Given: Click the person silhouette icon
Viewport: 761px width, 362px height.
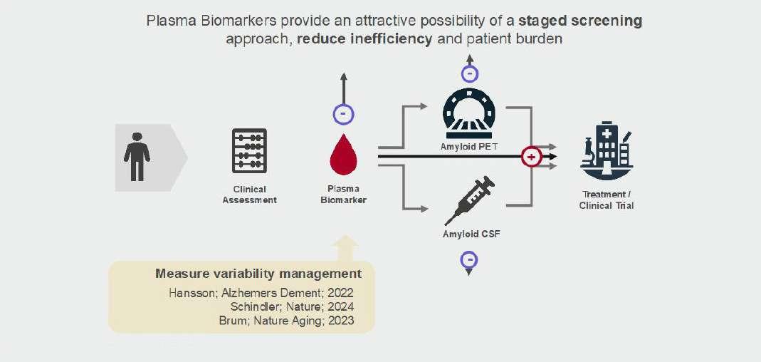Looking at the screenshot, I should (137, 157).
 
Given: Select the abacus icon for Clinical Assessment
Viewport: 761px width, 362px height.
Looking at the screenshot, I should (249, 150).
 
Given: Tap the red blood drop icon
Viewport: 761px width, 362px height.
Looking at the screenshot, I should (342, 156).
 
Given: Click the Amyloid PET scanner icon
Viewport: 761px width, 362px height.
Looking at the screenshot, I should (468, 113).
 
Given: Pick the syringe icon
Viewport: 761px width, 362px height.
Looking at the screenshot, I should (469, 201).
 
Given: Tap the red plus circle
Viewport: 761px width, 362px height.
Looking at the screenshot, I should (531, 156).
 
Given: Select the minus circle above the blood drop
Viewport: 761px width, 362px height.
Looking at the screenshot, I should (344, 114).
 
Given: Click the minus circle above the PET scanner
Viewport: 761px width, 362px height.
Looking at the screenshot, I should (470, 73).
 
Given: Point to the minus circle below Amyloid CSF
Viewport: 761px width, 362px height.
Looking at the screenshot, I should (469, 260).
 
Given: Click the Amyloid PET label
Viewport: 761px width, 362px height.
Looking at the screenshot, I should (468, 146).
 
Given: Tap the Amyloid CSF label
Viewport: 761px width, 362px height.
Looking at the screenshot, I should (471, 232).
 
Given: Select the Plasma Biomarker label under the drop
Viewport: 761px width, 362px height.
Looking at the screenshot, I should (343, 195).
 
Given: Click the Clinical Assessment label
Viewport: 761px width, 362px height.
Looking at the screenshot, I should (249, 195).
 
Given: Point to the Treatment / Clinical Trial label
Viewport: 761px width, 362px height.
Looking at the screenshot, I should (607, 200).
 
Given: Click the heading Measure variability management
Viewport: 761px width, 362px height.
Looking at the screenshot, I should (258, 274).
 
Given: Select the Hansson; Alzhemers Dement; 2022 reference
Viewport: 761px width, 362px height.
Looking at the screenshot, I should (261, 293).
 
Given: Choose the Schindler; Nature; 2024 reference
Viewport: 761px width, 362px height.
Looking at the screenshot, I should (292, 306).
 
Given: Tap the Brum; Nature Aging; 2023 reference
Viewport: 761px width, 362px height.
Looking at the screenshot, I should (286, 321).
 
